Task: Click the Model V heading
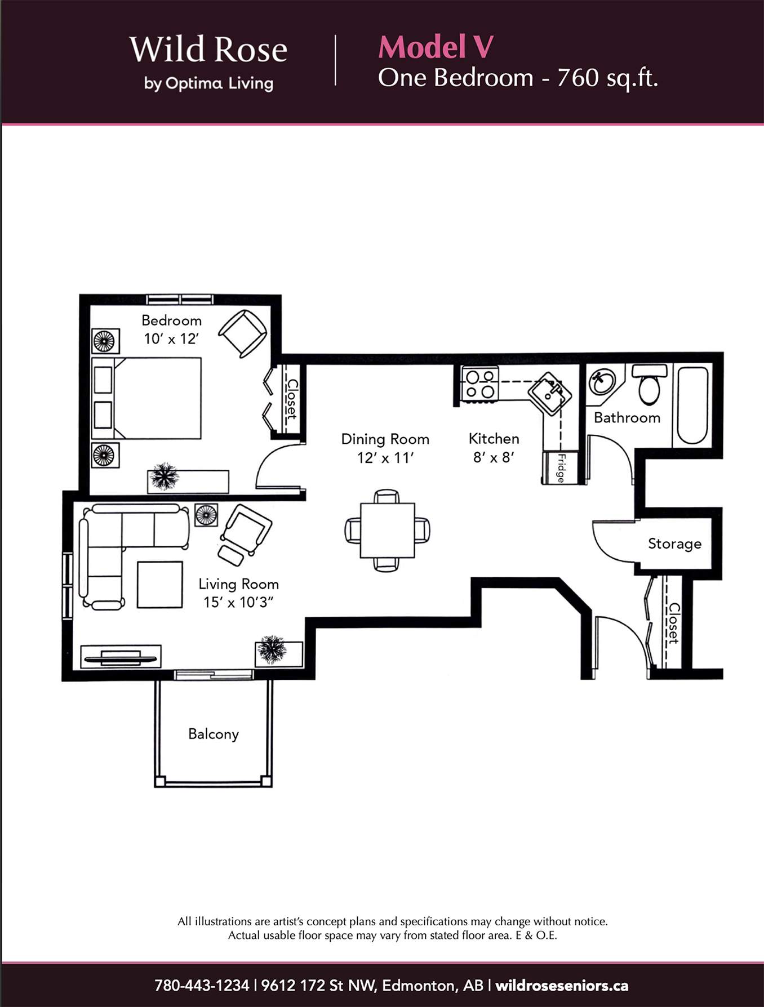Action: click(x=436, y=47)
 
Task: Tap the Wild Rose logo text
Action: click(x=208, y=50)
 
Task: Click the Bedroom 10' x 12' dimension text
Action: click(x=171, y=338)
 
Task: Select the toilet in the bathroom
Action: click(x=650, y=384)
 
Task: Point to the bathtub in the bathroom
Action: click(x=692, y=406)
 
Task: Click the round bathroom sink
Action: click(x=602, y=382)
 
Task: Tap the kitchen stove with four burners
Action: click(x=480, y=384)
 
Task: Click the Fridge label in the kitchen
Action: click(x=561, y=467)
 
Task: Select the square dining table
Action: click(x=387, y=530)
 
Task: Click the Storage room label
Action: click(x=674, y=543)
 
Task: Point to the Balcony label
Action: click(x=214, y=734)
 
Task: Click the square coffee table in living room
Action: click(x=160, y=584)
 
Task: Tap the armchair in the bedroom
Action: click(x=243, y=333)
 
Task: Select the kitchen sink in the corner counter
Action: click(x=549, y=393)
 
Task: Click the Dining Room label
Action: click(x=385, y=439)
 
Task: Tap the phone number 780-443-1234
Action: click(x=202, y=986)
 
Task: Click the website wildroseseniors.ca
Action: click(x=562, y=986)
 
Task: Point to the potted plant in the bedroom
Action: click(x=163, y=476)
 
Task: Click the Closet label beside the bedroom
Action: click(x=292, y=399)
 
